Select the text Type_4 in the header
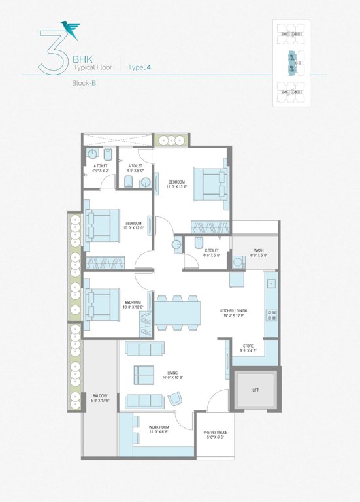[x=140, y=67]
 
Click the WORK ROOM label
[x=159, y=429]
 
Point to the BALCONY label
[x=100, y=398]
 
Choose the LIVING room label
[x=172, y=375]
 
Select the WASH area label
[x=259, y=252]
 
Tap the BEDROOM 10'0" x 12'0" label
[x=133, y=226]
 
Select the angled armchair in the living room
[x=174, y=399]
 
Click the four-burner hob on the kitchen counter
[x=271, y=316]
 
